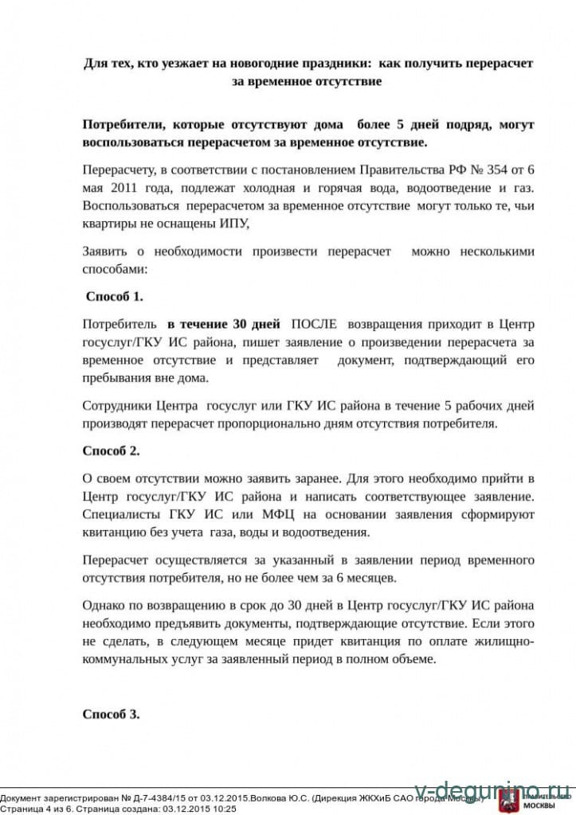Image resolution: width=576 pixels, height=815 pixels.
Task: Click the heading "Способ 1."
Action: (x=116, y=297)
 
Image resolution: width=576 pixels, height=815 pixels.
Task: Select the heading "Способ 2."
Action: (x=112, y=450)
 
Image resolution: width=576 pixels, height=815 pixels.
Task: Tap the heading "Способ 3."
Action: (x=112, y=714)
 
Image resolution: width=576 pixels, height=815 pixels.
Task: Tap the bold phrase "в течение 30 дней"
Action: (x=224, y=325)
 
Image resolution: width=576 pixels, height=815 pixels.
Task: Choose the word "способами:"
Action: (x=115, y=269)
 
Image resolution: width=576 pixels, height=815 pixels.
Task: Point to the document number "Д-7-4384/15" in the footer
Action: (x=155, y=797)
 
